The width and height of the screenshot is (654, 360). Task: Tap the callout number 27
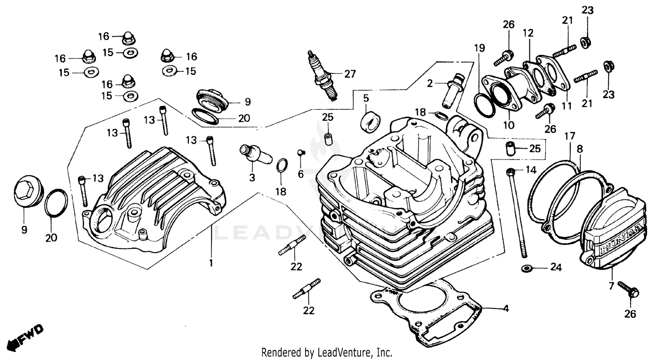pos(350,74)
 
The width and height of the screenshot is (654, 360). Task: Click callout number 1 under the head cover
pos(211,263)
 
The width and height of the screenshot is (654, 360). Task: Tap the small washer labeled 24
pos(526,267)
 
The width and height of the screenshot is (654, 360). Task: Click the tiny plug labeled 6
pos(300,152)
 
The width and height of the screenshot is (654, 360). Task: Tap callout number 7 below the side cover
pos(610,286)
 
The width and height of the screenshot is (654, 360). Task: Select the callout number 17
pos(570,136)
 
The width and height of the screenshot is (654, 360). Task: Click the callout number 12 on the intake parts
pos(528,33)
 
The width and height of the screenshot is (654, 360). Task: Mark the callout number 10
pos(509,126)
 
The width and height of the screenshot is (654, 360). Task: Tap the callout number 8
pos(579,149)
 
